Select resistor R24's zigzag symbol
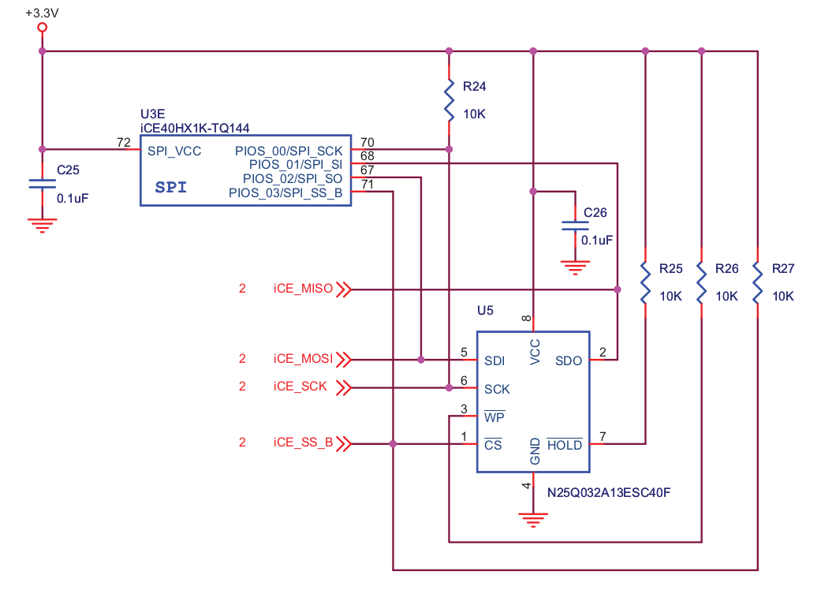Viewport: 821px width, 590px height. pyautogui.click(x=450, y=100)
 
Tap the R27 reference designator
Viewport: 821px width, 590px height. pyautogui.click(x=783, y=269)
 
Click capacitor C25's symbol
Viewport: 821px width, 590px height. pyautogui.click(x=43, y=183)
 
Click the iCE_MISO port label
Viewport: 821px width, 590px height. pyautogui.click(x=303, y=289)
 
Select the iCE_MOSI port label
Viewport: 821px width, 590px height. pyautogui.click(x=303, y=360)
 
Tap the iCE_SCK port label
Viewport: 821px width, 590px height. pyautogui.click(x=300, y=387)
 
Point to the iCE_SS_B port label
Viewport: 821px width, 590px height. pyautogui.click(x=303, y=443)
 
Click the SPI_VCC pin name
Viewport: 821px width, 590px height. pyautogui.click(x=174, y=150)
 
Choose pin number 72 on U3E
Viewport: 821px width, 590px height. pyautogui.click(x=123, y=143)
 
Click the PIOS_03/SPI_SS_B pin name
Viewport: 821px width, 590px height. pyautogui.click(x=285, y=193)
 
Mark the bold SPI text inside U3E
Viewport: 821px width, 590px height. pyautogui.click(x=172, y=187)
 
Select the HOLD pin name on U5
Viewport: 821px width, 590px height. pyautogui.click(x=565, y=446)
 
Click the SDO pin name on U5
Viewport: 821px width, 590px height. pyautogui.click(x=568, y=361)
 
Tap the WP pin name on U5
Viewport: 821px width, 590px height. pyautogui.click(x=494, y=417)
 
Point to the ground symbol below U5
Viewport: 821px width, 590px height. pyautogui.click(x=533, y=518)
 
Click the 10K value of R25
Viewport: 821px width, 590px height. pyautogui.click(x=670, y=297)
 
